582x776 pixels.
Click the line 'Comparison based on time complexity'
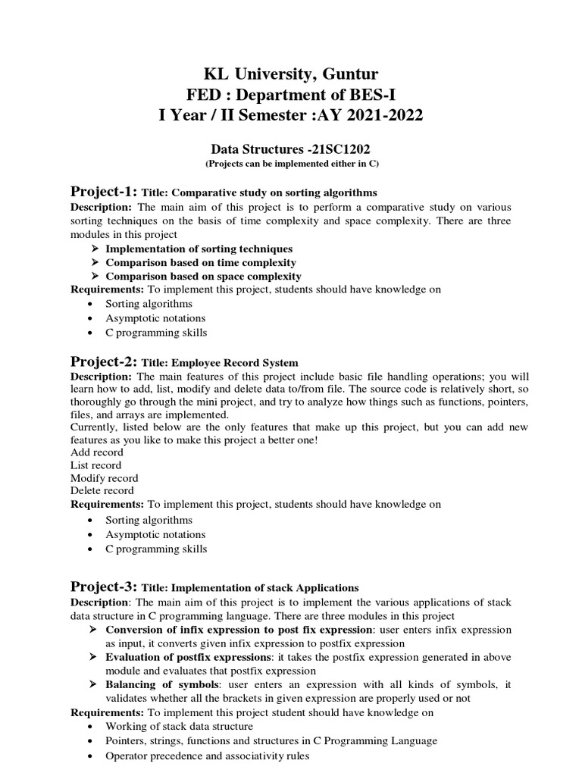click(200, 262)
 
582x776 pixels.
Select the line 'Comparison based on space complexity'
click(203, 277)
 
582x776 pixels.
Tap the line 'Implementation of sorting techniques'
click(199, 249)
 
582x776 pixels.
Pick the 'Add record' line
click(96, 452)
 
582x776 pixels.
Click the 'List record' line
click(95, 465)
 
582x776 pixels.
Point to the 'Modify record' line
click(104, 478)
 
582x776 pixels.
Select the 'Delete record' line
click(102, 490)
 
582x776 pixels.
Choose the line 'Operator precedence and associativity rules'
click(208, 756)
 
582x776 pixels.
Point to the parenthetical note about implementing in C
click(292, 164)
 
